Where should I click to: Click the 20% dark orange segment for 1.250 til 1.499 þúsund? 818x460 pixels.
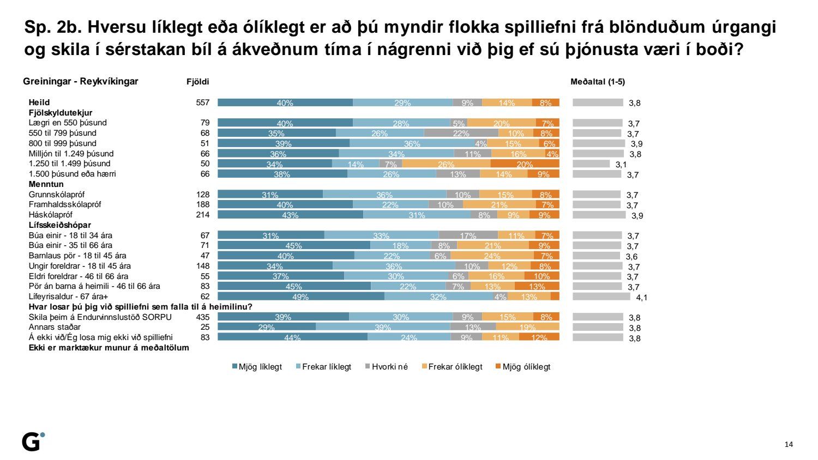(525, 164)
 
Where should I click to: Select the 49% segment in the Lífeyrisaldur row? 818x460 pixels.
(300, 296)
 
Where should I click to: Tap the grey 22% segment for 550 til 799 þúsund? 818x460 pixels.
(461, 133)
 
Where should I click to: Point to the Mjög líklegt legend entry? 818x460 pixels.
(257, 367)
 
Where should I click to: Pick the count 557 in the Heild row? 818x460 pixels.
(203, 102)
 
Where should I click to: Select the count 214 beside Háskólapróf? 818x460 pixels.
(203, 215)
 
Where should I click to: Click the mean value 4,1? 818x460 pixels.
(642, 298)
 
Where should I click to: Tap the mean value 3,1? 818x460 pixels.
(621, 164)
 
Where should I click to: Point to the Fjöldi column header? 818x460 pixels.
(198, 82)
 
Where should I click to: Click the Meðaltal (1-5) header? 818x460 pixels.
(598, 82)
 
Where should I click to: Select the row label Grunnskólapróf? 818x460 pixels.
(57, 195)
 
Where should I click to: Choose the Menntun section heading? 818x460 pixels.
(46, 184)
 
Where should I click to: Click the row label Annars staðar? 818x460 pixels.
(55, 327)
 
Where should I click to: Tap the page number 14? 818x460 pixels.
(789, 444)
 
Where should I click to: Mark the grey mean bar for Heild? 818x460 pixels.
(598, 102)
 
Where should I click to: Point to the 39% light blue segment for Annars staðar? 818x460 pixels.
(383, 327)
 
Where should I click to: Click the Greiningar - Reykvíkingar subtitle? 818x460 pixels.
(81, 82)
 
